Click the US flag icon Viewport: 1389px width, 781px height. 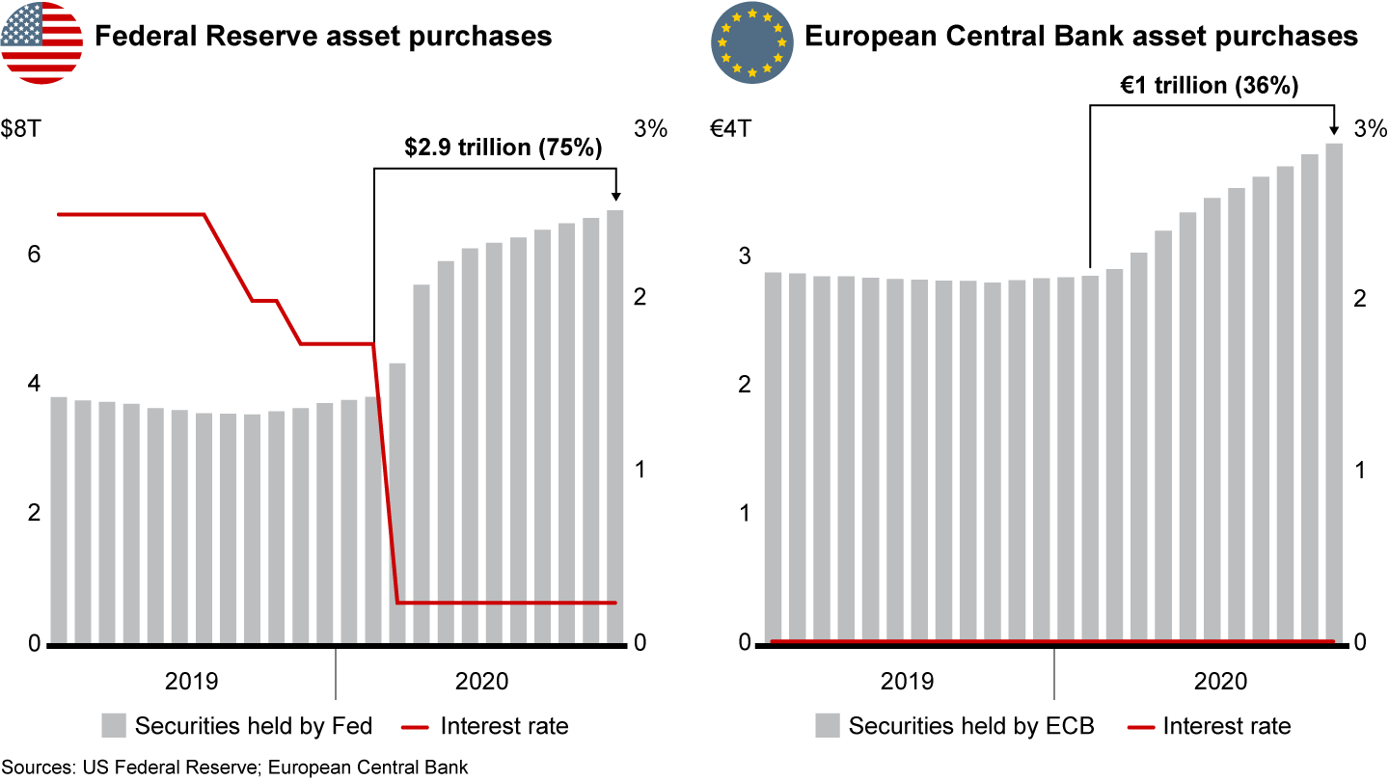pos(41,41)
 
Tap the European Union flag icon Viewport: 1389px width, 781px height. pos(751,41)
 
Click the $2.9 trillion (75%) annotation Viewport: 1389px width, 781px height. pos(503,148)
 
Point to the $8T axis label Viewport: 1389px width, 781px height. pos(21,129)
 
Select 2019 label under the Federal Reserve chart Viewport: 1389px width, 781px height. pos(191,682)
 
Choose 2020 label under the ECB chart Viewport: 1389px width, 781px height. pos(1220,682)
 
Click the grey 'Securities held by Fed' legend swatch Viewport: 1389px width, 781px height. pos(114,725)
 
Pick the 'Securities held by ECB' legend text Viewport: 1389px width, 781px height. pos(971,726)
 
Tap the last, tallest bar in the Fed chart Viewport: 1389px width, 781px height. pos(615,424)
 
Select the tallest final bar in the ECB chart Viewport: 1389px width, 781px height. pos(1334,390)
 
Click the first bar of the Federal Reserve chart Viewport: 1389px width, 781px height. pos(58,519)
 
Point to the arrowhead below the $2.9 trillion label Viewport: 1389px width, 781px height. pos(616,197)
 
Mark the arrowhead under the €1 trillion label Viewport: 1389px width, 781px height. pos(1335,131)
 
